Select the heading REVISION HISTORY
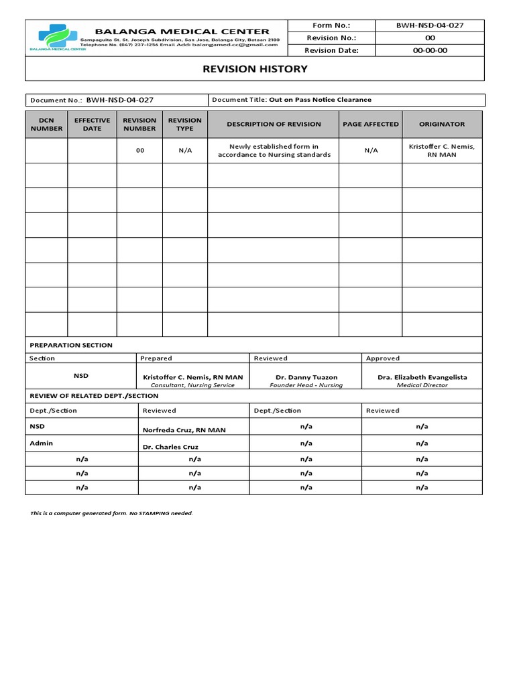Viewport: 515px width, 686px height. (x=255, y=69)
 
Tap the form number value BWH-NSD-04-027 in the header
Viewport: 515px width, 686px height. (x=429, y=25)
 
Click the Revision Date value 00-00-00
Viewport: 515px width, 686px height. (x=429, y=50)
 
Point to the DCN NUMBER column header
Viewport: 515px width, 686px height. (x=46, y=125)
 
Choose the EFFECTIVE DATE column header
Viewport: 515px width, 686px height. (x=92, y=125)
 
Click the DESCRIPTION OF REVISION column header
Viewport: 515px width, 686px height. (x=274, y=125)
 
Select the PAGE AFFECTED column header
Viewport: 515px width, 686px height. (x=370, y=125)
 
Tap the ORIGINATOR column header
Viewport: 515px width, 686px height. (x=441, y=125)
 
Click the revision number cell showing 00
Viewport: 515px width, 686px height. (x=139, y=151)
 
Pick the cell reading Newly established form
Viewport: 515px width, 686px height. (x=274, y=151)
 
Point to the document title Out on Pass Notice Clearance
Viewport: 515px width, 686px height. (x=320, y=100)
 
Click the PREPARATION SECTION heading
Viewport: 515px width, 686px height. (x=71, y=345)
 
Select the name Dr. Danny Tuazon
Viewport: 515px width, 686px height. (x=306, y=377)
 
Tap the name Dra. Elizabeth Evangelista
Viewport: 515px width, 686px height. (x=422, y=377)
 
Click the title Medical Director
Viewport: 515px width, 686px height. (x=422, y=386)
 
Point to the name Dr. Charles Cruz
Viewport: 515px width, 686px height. (x=171, y=447)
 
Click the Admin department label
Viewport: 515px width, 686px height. (x=41, y=443)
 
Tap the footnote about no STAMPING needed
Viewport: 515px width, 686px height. (x=111, y=513)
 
